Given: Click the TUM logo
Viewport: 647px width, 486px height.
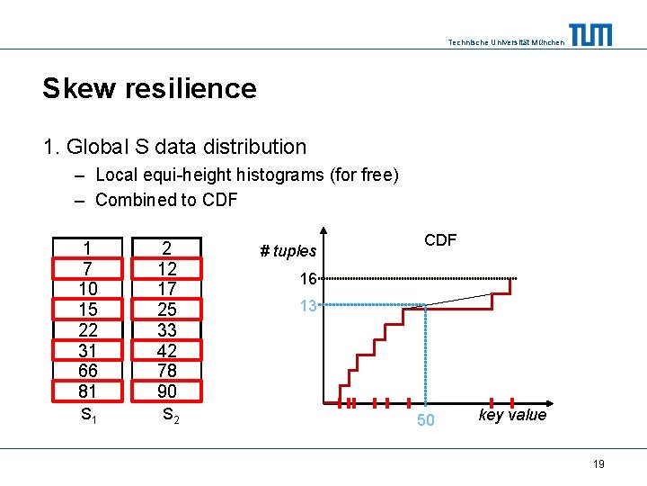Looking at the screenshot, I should coord(590,35).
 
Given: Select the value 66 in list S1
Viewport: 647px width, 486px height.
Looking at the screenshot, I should coord(87,371).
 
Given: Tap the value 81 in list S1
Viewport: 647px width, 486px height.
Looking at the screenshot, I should coord(87,391).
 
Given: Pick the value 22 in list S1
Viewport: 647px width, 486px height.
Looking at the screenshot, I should coord(87,329).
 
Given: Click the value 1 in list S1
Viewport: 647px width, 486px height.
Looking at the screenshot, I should coord(87,248).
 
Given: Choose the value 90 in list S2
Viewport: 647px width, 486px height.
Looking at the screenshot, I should coord(167,391).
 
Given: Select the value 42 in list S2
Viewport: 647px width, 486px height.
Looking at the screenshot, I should coord(167,350).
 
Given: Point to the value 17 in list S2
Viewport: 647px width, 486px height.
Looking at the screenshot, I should coord(167,289).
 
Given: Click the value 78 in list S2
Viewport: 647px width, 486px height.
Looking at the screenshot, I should coord(167,371).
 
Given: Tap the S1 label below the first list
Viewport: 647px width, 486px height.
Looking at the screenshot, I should coord(88,415).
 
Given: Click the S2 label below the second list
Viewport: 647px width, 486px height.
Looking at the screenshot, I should coord(168,415).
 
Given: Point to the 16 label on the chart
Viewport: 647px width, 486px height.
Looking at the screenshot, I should coord(308,279).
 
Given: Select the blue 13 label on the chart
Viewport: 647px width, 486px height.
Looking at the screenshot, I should coord(308,306).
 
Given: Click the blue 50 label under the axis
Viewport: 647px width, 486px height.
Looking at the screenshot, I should coord(425,420).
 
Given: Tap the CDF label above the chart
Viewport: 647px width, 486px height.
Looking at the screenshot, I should coord(440,240).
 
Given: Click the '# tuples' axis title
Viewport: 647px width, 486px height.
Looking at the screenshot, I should coord(288,251).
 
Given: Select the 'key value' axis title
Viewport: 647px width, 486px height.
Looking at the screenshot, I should coord(512,415).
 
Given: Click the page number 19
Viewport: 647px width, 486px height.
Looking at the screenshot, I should coord(598,463).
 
